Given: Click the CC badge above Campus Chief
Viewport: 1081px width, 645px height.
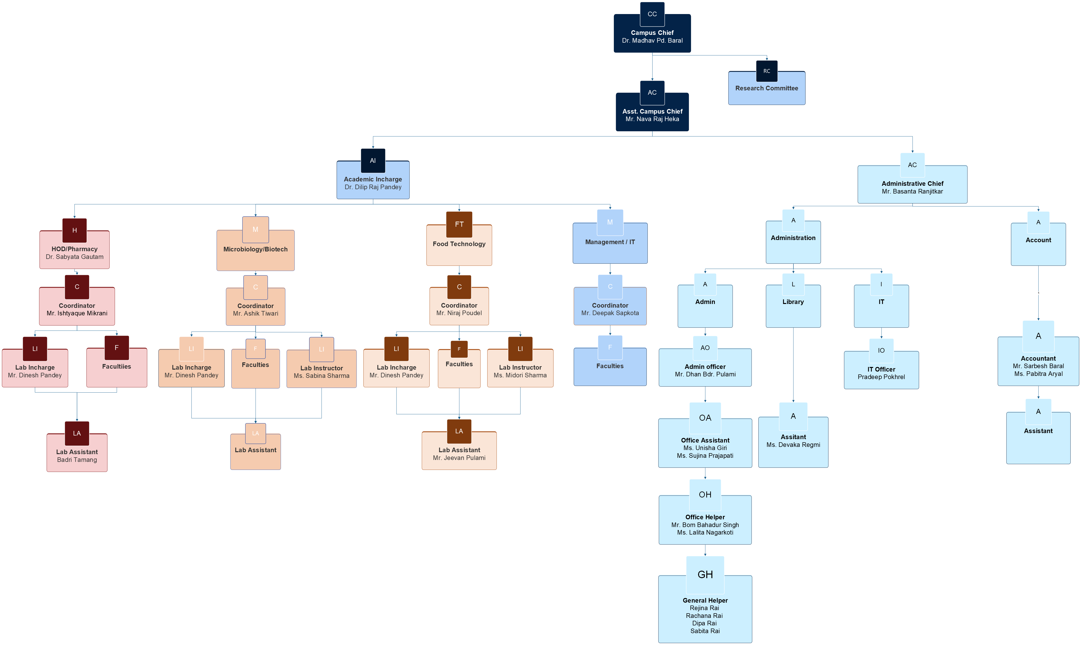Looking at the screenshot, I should click(x=652, y=14).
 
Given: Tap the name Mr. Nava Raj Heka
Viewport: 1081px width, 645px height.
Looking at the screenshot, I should click(x=652, y=119).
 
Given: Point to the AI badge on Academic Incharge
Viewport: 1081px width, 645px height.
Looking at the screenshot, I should click(x=373, y=160).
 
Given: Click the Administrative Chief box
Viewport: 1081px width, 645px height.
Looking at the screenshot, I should click(x=912, y=187).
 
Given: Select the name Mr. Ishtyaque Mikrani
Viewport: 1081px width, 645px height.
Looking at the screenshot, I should click(x=77, y=313).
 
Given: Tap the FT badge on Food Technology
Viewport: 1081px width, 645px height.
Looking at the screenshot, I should click(x=459, y=224).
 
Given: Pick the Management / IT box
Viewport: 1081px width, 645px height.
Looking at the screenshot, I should click(x=610, y=246).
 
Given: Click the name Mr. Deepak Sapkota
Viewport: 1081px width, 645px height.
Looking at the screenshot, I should click(x=610, y=313).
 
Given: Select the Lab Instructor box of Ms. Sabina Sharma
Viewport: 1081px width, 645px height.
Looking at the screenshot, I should click(x=321, y=372).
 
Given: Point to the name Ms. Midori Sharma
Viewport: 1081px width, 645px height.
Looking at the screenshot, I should click(x=520, y=375).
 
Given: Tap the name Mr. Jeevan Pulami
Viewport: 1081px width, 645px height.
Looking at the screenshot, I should click(x=459, y=458).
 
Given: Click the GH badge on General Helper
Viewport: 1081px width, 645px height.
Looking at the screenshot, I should click(x=705, y=575).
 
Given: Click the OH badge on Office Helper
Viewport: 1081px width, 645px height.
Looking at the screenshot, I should click(x=705, y=495).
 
